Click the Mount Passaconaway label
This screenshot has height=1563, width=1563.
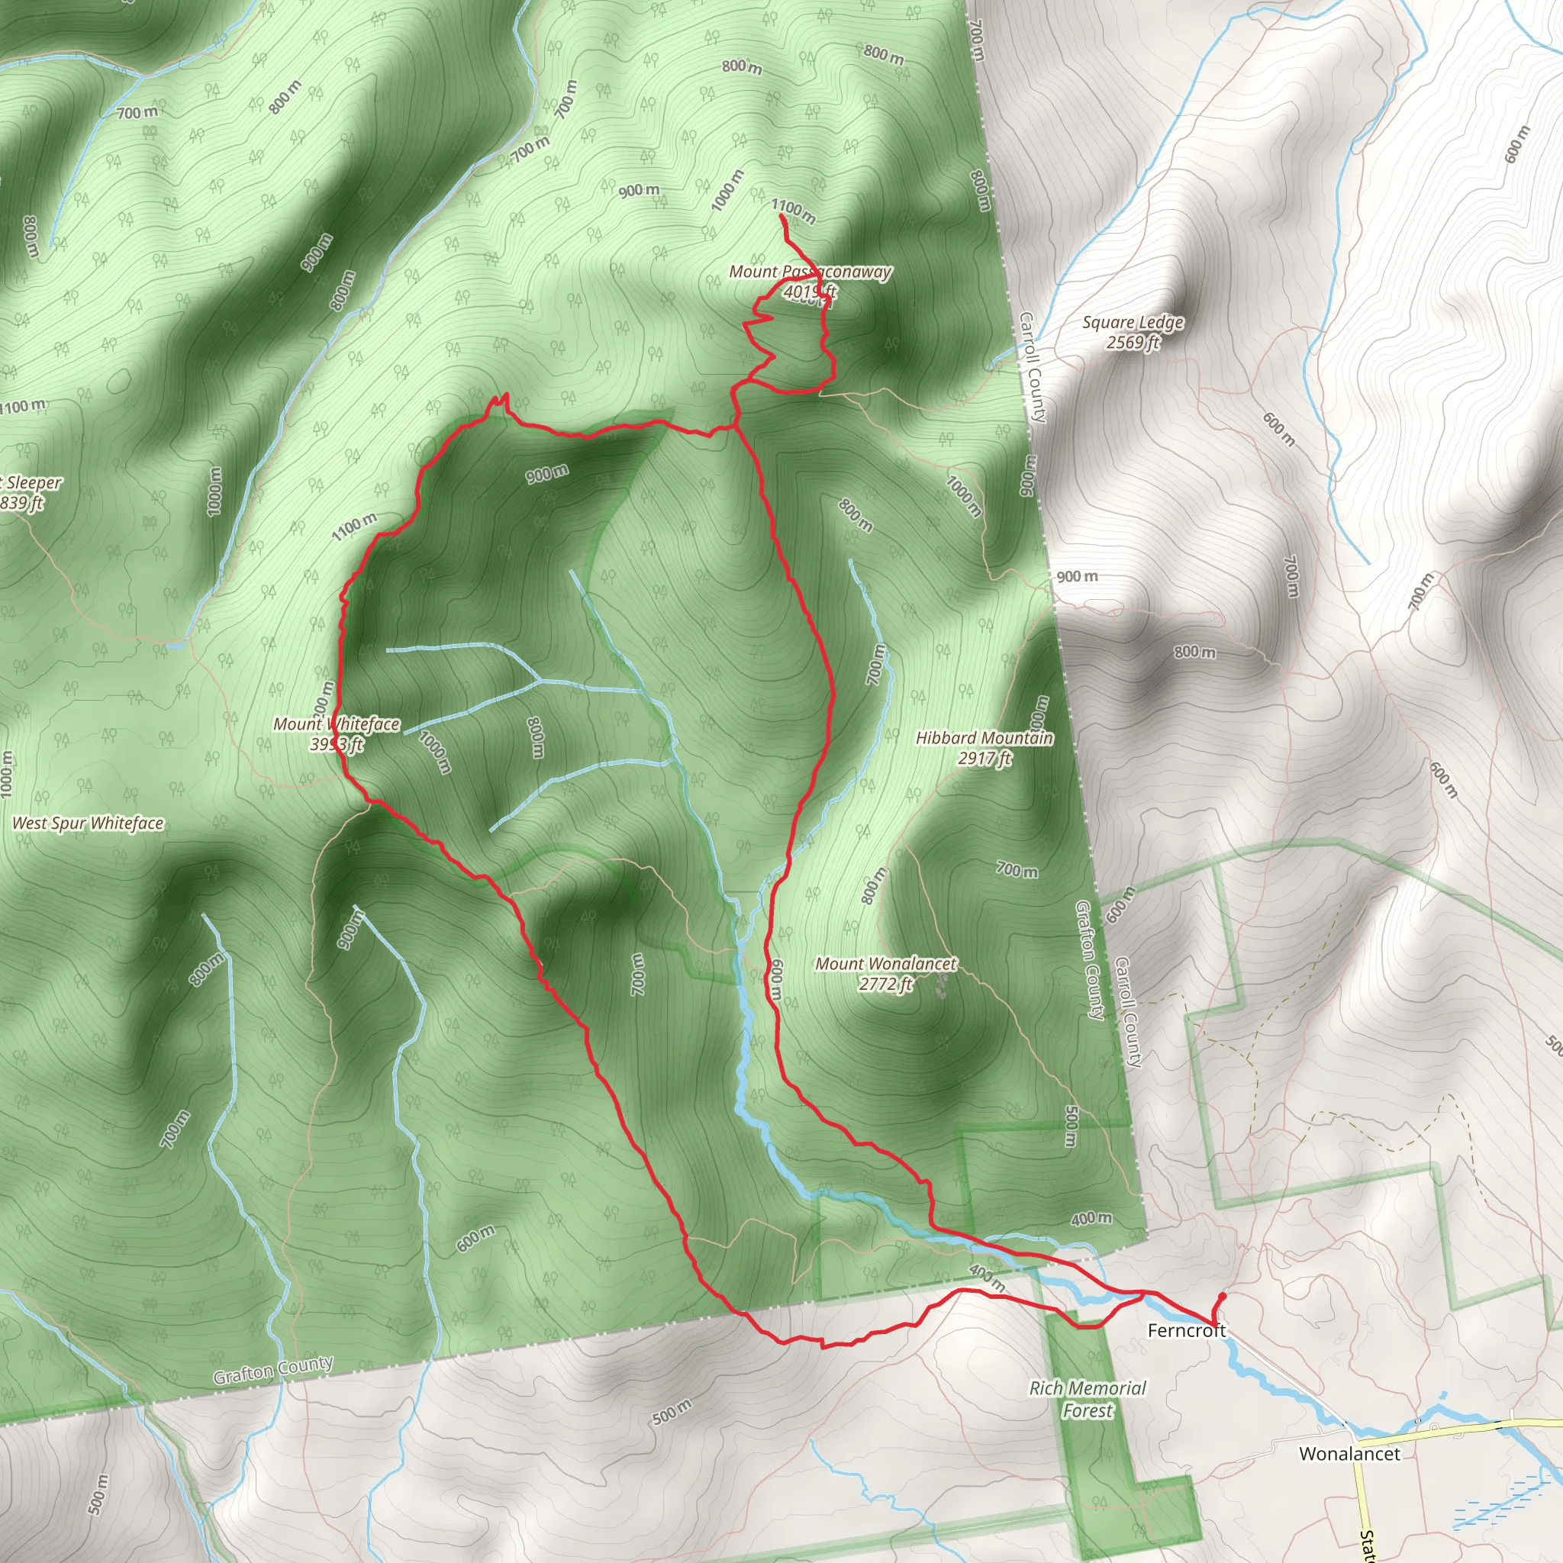[x=810, y=272]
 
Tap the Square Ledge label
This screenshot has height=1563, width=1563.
[x=1133, y=323]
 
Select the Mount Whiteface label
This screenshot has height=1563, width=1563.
[x=336, y=724]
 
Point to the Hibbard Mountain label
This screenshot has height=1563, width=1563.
[x=985, y=738]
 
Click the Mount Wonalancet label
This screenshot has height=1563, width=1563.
[x=885, y=964]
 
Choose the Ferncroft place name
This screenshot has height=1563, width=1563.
[x=1186, y=1331]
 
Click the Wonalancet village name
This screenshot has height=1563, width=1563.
[x=1349, y=1454]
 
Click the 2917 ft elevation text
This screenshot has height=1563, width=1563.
[x=985, y=759]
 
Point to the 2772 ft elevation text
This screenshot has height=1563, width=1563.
[x=885, y=985]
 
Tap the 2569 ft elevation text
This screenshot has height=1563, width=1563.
[x=1133, y=343]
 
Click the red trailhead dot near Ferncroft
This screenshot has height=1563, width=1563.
[x=1222, y=1296]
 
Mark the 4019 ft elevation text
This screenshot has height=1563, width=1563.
[x=810, y=292]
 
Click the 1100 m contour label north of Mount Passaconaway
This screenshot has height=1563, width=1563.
[x=793, y=211]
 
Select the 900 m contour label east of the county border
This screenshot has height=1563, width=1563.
[x=1077, y=577]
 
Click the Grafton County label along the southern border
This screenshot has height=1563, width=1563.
[x=272, y=1371]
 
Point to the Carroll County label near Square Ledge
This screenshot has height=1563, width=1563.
[x=1033, y=367]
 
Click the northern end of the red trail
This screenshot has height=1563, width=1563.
[x=780, y=217]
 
